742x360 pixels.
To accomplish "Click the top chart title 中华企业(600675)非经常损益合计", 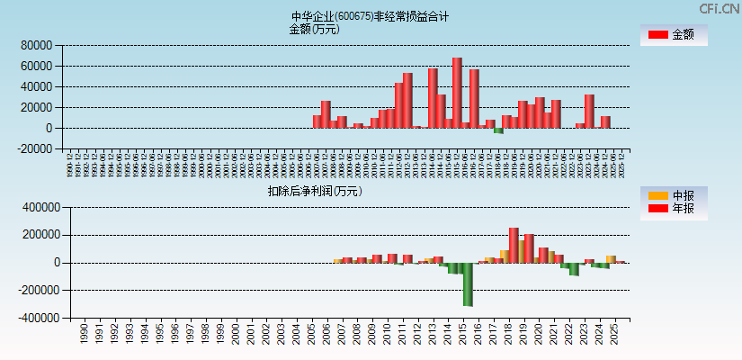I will coord(371,16).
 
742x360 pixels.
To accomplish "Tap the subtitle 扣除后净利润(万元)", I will coord(314,191).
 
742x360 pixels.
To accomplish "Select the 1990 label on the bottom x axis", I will coord(84,334).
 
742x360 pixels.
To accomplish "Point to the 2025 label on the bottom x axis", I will coord(615,334).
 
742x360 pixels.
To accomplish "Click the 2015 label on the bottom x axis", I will coord(463,334).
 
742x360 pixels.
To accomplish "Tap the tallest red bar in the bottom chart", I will coord(514,245).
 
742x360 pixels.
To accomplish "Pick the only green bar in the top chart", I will coord(498,130).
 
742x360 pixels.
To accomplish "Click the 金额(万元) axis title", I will coord(314,29).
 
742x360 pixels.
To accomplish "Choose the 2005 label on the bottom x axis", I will coord(311,334).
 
